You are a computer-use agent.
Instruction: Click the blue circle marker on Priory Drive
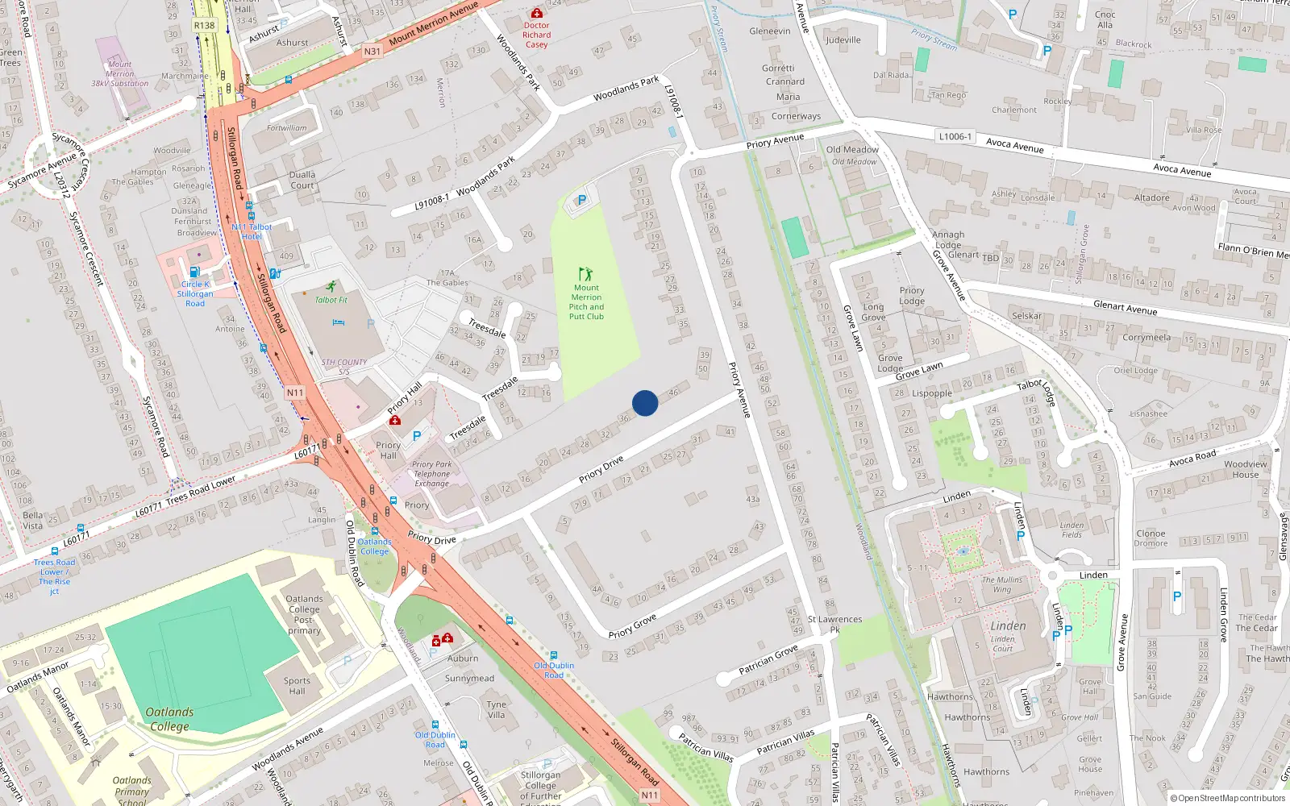coord(645,403)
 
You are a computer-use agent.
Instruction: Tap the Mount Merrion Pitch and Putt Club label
coord(586,302)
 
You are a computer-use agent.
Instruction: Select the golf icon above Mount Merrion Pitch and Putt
coord(585,275)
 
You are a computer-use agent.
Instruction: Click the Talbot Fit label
coord(331,300)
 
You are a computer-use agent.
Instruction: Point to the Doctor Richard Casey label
coord(536,35)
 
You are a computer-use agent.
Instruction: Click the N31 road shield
coord(372,51)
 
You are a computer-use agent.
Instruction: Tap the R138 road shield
coord(205,25)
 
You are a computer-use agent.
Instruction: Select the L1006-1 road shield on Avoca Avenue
coord(955,136)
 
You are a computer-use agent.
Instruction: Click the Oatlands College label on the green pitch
coord(169,719)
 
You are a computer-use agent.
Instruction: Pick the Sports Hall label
coord(297,685)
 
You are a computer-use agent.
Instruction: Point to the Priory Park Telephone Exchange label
coord(432,474)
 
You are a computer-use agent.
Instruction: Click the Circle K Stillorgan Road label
coord(195,293)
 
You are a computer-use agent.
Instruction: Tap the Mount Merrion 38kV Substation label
coord(119,73)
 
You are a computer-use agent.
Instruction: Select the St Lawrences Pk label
coord(835,624)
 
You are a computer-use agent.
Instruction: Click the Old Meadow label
coord(852,149)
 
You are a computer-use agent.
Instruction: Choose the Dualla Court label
coord(302,180)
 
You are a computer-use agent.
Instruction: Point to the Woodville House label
coord(1245,469)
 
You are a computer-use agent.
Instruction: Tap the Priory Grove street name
coord(632,626)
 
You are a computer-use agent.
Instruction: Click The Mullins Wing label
coord(1001,584)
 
